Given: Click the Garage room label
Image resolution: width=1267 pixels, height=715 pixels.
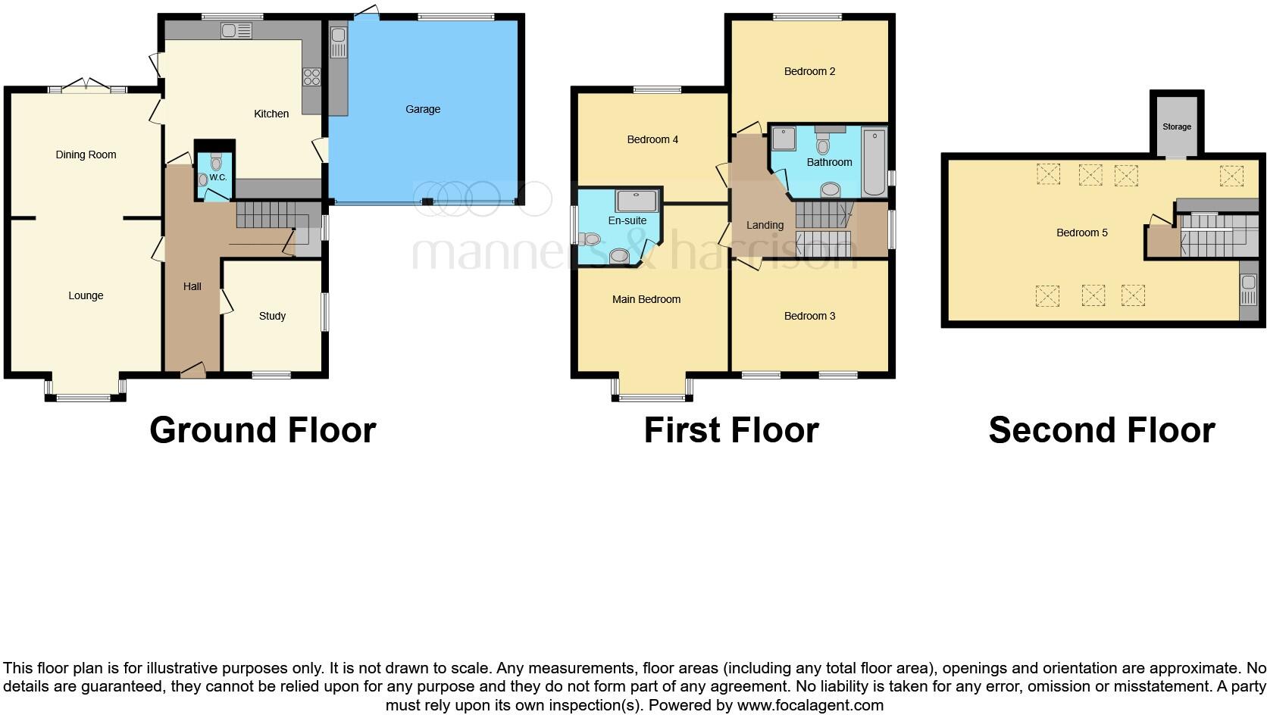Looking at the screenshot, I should click(x=423, y=109).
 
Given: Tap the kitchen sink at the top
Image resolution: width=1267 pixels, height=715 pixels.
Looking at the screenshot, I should click(x=236, y=31).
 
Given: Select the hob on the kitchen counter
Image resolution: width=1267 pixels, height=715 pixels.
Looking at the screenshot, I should click(x=311, y=76).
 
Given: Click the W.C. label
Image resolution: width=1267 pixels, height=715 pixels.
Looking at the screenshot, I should click(x=218, y=177).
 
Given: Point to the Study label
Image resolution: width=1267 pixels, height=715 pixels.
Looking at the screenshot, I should click(x=272, y=316).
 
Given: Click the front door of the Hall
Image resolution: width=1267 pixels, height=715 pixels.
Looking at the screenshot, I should click(x=192, y=371).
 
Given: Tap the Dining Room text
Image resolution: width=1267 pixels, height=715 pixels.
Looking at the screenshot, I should click(x=86, y=155).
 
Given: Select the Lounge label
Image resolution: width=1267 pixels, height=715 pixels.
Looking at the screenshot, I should click(x=86, y=295).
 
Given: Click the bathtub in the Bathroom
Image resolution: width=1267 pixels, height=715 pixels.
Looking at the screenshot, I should click(x=873, y=162).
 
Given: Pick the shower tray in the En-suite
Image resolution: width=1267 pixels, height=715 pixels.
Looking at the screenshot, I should click(x=637, y=201).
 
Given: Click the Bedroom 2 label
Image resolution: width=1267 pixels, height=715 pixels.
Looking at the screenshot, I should click(x=809, y=71).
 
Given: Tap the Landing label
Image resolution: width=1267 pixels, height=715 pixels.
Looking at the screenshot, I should click(x=765, y=225).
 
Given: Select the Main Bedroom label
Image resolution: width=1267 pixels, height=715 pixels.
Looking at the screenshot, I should click(x=646, y=299).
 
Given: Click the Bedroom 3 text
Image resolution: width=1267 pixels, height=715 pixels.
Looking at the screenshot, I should click(x=809, y=316).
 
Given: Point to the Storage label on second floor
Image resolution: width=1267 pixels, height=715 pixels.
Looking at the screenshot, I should click(x=1176, y=126).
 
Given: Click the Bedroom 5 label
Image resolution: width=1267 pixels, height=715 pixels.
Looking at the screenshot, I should click(x=1081, y=233).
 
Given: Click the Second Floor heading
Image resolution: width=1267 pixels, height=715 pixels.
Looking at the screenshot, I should click(x=1101, y=430).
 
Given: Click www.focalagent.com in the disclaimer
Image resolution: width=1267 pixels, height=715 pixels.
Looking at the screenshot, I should click(x=810, y=705).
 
